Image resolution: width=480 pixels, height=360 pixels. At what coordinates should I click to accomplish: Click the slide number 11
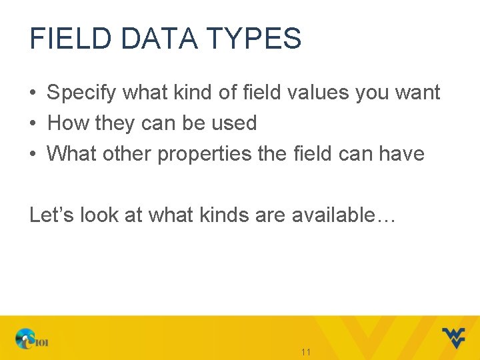tap(307, 352)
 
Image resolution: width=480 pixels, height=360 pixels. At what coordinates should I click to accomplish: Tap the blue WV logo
tap(453, 337)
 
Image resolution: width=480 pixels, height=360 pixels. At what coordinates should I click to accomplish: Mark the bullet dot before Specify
tap(33, 93)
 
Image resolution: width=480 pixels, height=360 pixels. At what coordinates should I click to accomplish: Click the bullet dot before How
tap(33, 123)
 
